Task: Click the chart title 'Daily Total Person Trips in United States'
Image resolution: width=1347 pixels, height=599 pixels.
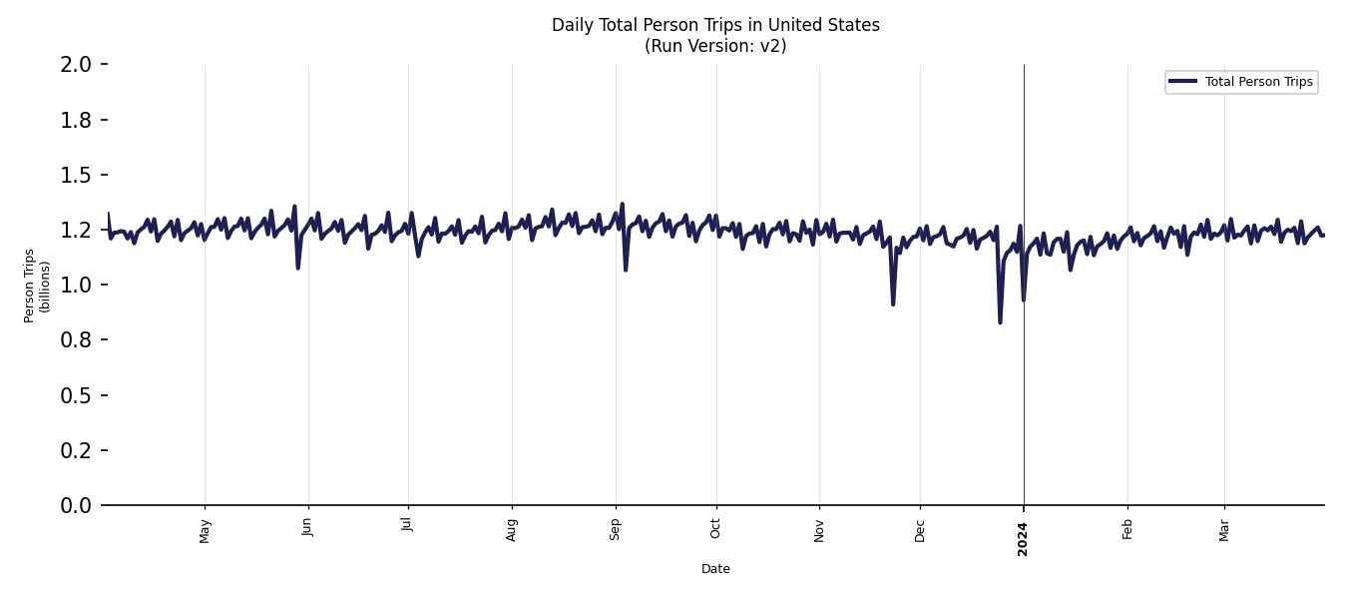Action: point(715,25)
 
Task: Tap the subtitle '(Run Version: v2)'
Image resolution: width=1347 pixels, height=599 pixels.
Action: point(715,46)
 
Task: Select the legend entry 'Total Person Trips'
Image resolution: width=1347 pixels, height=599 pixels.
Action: point(1258,82)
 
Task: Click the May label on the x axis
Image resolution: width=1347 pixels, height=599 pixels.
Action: point(206,530)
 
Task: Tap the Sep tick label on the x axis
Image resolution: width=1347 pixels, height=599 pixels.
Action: point(616,529)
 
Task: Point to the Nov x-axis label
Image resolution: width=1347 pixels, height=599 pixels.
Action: point(819,530)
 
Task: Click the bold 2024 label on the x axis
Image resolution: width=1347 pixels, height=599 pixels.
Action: point(1023,538)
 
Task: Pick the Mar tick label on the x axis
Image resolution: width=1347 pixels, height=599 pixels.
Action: point(1224,529)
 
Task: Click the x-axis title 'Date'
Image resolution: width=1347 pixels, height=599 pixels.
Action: point(715,569)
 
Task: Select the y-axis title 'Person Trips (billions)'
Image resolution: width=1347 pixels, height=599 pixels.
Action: point(37,286)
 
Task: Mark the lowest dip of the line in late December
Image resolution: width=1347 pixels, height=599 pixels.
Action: point(1000,321)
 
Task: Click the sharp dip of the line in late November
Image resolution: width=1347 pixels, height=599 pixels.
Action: point(893,303)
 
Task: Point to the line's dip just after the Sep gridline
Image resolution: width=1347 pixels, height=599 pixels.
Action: point(626,270)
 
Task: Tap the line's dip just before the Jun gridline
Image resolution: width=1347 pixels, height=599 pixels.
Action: point(297,268)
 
